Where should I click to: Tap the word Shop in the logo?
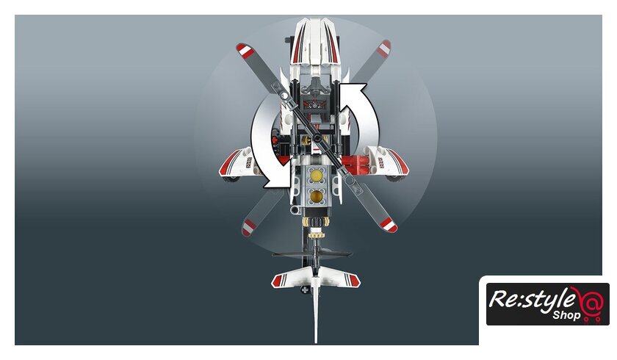pos(566,315)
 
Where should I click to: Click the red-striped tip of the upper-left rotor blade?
pos(244,51)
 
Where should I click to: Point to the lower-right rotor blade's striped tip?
pos(389,225)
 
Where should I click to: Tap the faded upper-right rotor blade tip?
pos(383,48)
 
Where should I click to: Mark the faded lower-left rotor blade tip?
pos(249,228)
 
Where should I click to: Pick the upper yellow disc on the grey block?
pos(316,176)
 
